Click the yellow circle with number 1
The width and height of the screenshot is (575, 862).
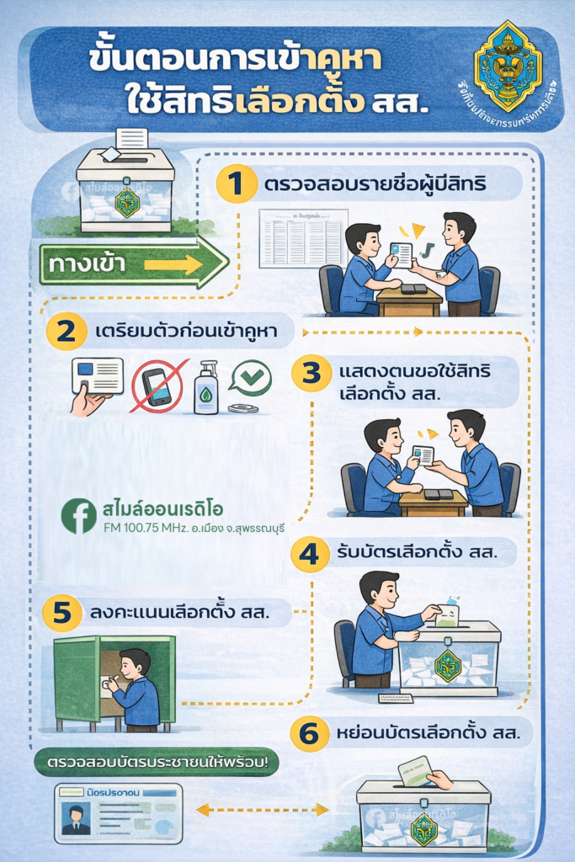pyautogui.click(x=237, y=184)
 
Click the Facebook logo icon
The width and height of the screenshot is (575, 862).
pyautogui.click(x=79, y=516)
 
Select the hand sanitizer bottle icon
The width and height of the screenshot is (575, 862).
pyautogui.click(x=205, y=388)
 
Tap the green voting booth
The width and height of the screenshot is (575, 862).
pyautogui.click(x=114, y=682)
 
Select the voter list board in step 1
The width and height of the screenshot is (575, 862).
pyautogui.click(x=301, y=239)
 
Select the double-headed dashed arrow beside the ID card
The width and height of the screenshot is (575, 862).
pyautogui.click(x=263, y=810)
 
